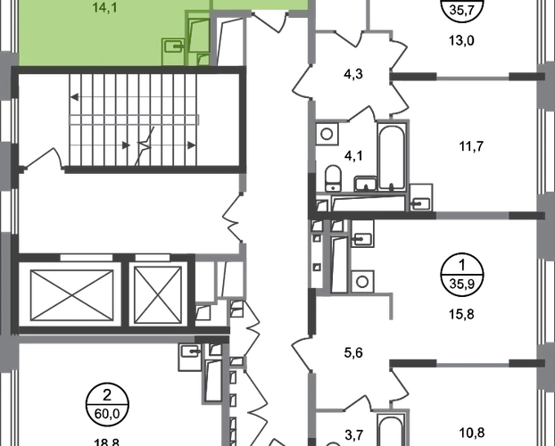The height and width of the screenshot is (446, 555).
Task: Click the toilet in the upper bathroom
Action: (x=333, y=175)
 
